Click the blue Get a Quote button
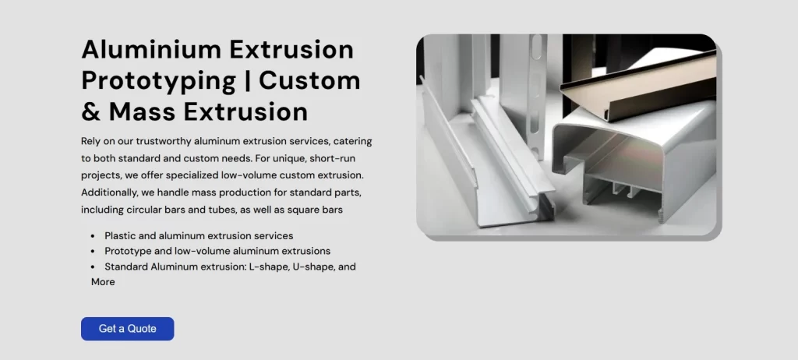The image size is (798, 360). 127,329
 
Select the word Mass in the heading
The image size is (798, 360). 145,111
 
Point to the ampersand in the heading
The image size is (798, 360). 90,111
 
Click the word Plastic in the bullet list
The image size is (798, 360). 121,235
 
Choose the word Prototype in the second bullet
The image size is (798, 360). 128,251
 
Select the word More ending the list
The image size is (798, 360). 103,282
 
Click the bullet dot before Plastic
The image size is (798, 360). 94,235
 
